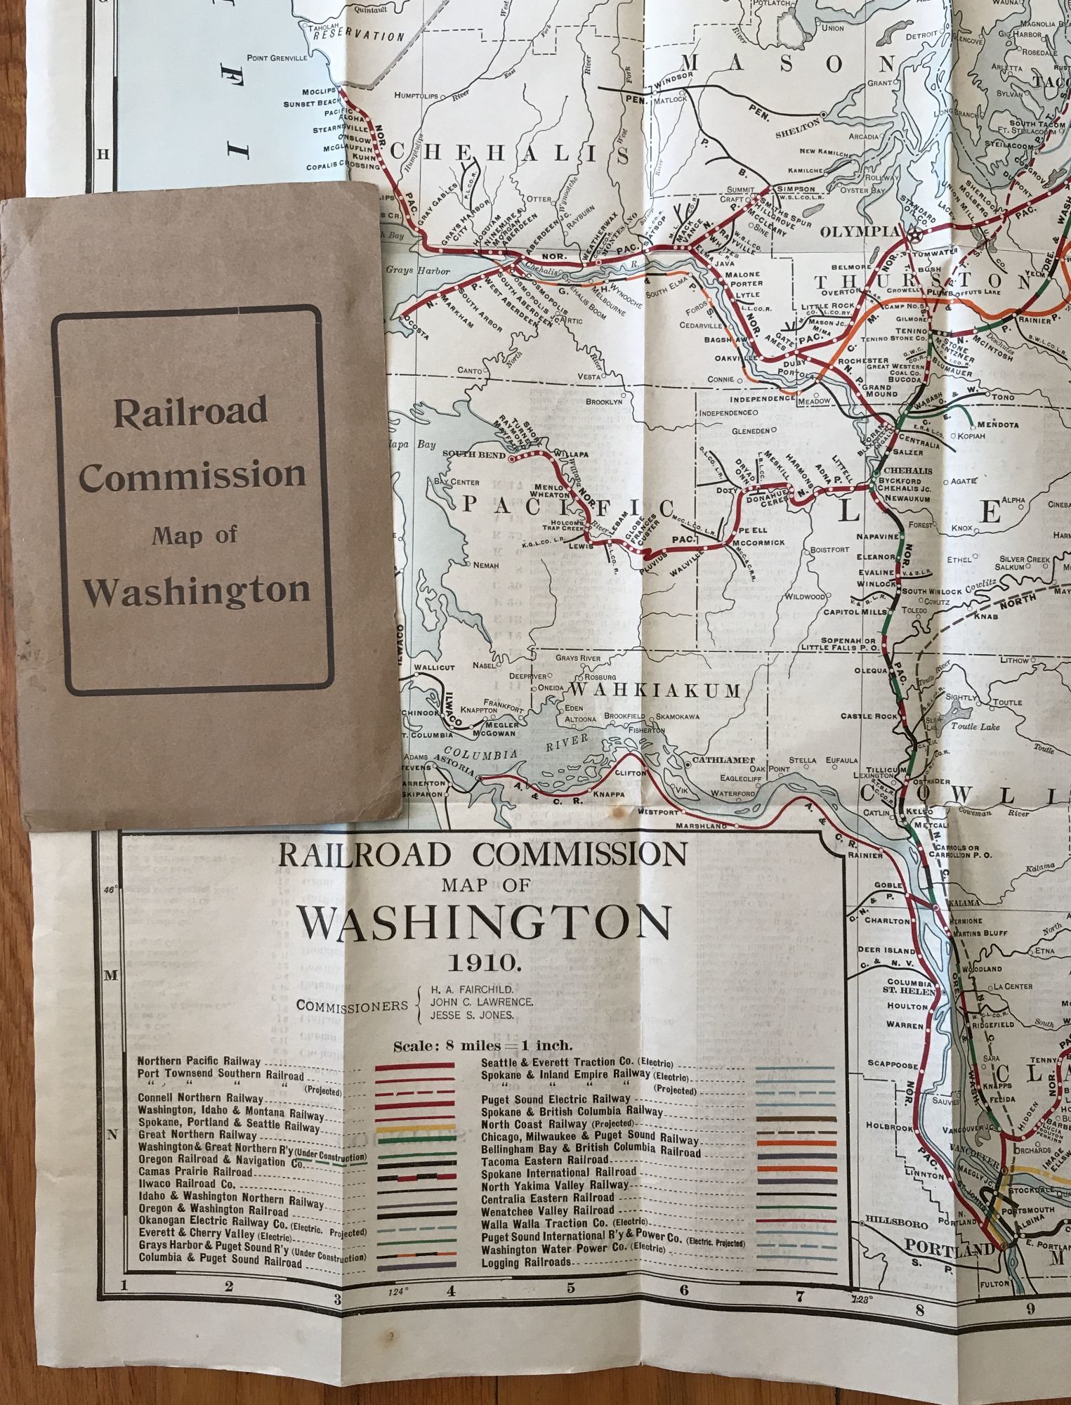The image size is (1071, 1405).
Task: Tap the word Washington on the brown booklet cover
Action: [197, 591]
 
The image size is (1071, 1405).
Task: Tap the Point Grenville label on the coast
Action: [277, 58]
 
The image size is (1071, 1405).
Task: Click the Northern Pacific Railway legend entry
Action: [199, 1061]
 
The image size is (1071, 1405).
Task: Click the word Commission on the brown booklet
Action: [192, 475]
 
